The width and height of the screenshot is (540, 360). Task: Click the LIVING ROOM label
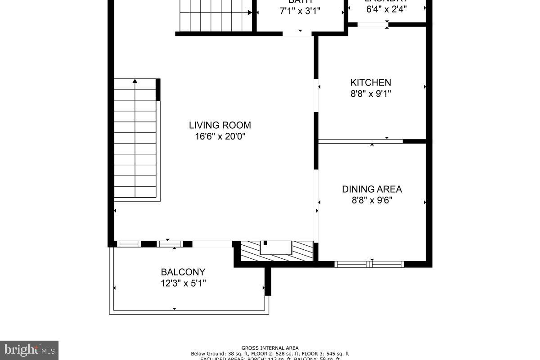(x=220, y=125)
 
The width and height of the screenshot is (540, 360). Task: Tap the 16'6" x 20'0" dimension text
(x=220, y=136)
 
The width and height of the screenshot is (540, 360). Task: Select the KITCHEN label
(x=371, y=82)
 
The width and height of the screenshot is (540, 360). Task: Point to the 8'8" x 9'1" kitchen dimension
(x=371, y=94)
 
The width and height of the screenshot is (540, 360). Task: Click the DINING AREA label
(x=372, y=189)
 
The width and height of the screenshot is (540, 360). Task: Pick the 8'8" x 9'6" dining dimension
(x=372, y=200)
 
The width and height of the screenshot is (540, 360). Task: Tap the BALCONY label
(x=183, y=272)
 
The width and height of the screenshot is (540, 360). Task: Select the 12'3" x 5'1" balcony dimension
(x=183, y=283)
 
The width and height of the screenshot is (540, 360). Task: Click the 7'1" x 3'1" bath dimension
(x=300, y=11)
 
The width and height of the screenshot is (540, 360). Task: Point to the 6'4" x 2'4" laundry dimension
(x=387, y=9)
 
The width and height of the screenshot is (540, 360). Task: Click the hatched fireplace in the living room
(x=277, y=251)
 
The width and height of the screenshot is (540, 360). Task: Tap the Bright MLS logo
(x=29, y=350)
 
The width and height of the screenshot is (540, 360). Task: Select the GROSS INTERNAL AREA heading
(x=270, y=348)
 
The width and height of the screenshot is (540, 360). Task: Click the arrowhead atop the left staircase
(x=135, y=81)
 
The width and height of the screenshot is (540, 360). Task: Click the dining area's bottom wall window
(x=370, y=264)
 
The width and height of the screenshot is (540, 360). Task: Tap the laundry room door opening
(x=373, y=24)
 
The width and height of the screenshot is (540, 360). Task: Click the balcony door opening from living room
(x=212, y=244)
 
